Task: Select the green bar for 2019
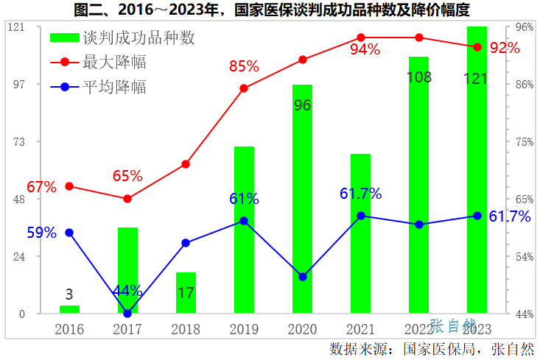[244, 230]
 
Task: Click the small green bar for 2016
[69, 309]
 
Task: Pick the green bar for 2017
[127, 270]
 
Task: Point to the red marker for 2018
[186, 164]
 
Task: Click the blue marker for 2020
[302, 277]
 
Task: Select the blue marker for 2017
[127, 314]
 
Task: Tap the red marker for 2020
[302, 60]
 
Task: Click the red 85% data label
[244, 66]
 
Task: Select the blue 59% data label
[42, 233]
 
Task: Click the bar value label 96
[302, 105]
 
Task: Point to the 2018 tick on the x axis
[186, 328]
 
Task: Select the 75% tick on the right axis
[524, 141]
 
